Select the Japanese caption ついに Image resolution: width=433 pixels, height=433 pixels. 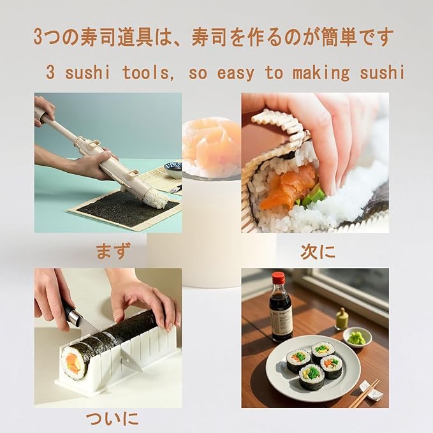(112, 418)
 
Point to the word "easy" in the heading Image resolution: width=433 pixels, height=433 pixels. (235, 72)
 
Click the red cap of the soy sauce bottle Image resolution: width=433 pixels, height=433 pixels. (279, 278)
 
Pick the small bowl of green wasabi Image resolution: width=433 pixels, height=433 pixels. (357, 337)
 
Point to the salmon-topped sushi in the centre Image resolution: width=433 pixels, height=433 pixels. (211, 143)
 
